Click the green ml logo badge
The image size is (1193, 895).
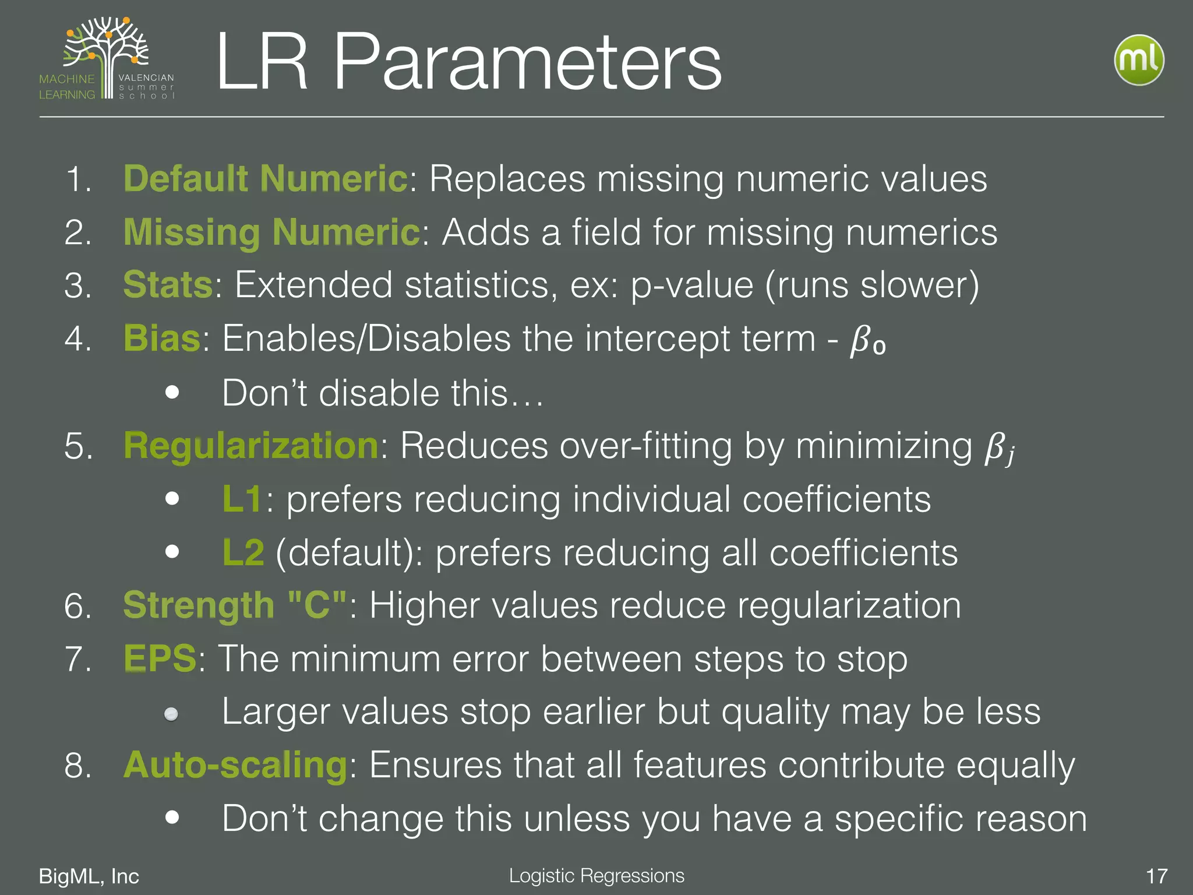click(x=1138, y=60)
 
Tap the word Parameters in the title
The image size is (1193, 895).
click(x=527, y=62)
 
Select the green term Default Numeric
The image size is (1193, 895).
click(x=266, y=178)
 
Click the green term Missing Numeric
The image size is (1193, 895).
click(x=271, y=232)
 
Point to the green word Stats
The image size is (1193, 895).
click(x=168, y=285)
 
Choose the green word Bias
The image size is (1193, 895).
click(x=162, y=339)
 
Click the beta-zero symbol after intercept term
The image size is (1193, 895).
click(x=867, y=341)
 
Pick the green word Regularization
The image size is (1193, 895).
click(x=251, y=446)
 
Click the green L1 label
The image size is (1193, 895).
click(x=242, y=499)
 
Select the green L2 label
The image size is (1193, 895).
click(x=243, y=552)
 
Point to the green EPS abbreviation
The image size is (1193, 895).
click(x=160, y=659)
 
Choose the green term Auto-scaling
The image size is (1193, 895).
click(x=235, y=765)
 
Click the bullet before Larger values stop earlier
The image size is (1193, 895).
click(x=171, y=714)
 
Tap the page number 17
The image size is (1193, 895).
click(x=1156, y=876)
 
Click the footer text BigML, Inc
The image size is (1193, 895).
click(x=89, y=876)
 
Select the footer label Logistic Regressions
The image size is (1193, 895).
click(x=596, y=875)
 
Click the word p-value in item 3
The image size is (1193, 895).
click(x=692, y=286)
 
